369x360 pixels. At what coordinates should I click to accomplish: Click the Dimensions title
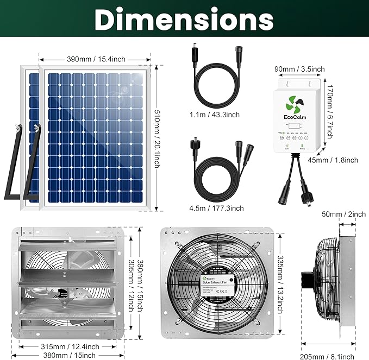click(x=184, y=20)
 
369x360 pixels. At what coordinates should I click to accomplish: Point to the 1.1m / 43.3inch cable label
click(x=215, y=115)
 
